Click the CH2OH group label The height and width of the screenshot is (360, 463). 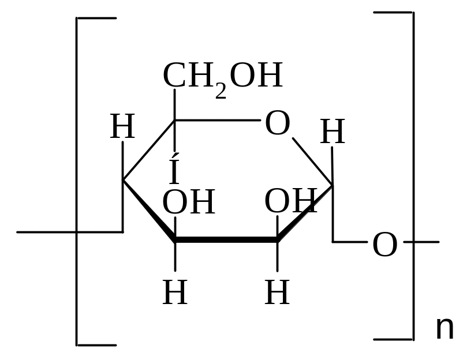(x=222, y=76)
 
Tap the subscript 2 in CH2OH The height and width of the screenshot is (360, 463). (x=221, y=91)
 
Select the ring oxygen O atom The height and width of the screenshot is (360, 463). (x=277, y=123)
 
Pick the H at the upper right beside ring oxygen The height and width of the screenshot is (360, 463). (x=332, y=132)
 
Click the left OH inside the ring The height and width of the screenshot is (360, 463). (x=188, y=202)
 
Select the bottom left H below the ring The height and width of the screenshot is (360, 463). (x=175, y=293)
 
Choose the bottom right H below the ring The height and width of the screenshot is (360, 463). (x=277, y=293)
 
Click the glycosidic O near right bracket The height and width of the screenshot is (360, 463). (x=384, y=245)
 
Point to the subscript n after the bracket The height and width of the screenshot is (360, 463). (x=445, y=329)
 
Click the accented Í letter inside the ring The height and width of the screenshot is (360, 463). (x=174, y=171)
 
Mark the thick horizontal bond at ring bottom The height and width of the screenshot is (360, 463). (x=226, y=239)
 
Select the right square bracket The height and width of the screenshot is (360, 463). (x=412, y=173)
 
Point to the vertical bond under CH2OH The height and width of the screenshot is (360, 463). (x=175, y=104)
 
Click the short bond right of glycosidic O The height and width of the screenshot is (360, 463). (x=425, y=242)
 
